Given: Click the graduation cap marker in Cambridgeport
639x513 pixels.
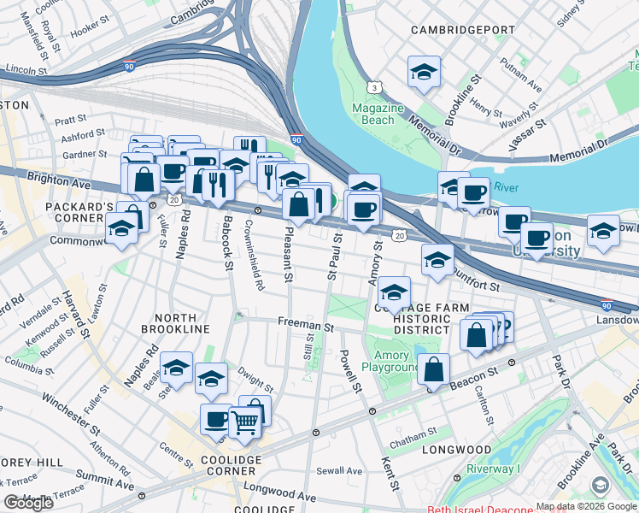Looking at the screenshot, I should tap(424, 74).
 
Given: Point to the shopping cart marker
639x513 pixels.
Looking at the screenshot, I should tap(245, 422).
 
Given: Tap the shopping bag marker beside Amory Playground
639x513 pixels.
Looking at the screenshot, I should tap(434, 372).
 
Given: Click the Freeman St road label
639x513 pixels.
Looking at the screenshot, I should tap(304, 326).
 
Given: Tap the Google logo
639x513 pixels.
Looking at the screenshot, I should tap(28, 503).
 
